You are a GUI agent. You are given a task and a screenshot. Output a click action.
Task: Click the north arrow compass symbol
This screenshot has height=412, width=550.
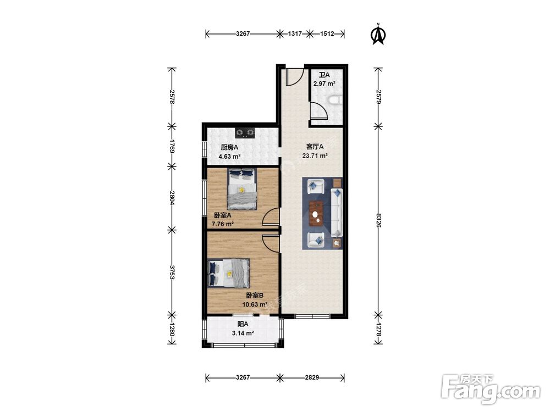tap(378, 34)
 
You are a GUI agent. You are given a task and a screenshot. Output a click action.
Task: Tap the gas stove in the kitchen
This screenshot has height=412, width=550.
tap(245, 132)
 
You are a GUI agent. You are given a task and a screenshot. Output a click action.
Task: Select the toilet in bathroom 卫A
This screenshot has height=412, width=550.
tap(335, 101)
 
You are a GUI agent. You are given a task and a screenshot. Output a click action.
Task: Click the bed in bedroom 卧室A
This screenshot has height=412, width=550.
tap(242, 189)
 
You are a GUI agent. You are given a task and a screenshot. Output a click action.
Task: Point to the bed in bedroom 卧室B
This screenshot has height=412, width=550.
tap(229, 273)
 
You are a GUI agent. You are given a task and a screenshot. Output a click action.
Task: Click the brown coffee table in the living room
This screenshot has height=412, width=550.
tap(316, 214)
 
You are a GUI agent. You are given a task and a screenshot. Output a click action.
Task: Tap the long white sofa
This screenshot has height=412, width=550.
tap(337, 212)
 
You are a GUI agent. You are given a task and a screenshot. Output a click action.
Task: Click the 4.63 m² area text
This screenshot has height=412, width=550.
tap(229, 157)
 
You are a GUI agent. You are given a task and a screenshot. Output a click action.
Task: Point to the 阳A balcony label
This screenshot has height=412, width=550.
tap(243, 325)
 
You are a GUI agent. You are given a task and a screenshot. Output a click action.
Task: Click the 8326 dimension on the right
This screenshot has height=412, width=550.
tap(378, 220)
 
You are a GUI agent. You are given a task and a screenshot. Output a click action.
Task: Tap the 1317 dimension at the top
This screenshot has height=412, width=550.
tap(295, 34)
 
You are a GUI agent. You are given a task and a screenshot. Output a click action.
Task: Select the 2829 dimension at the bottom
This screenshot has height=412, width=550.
tap(312, 377)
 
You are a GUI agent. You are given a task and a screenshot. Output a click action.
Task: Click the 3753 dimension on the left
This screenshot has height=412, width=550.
tap(172, 272)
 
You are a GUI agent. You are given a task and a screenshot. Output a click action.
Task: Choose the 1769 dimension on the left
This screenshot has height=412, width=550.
tap(172, 146)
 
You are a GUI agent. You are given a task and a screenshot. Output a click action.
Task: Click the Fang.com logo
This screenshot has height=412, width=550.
tap(491, 389)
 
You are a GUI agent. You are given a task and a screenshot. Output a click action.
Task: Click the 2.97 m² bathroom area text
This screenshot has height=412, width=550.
tap(324, 83)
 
